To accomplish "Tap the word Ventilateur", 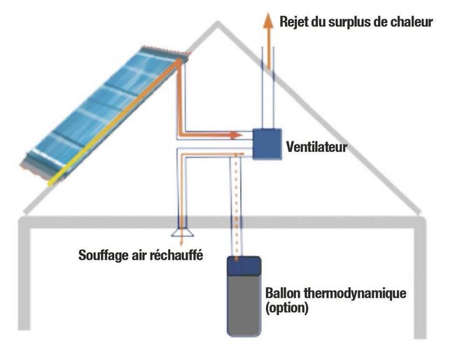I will pos(317,148).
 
